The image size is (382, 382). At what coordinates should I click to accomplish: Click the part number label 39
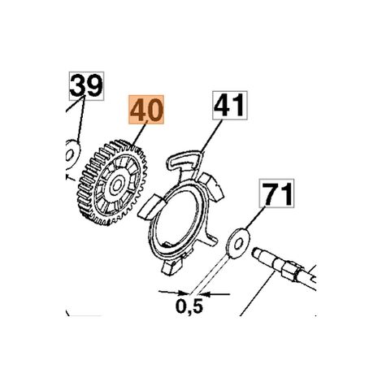pyautogui.click(x=86, y=86)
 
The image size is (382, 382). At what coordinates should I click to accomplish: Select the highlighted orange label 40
pyautogui.click(x=146, y=110)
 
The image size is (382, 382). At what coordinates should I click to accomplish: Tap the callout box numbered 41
pyautogui.click(x=230, y=106)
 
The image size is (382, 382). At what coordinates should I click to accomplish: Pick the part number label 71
pyautogui.click(x=276, y=193)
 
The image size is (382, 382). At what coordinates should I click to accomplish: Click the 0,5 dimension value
pyautogui.click(x=189, y=306)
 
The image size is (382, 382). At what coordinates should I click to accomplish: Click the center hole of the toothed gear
pyautogui.click(x=117, y=185)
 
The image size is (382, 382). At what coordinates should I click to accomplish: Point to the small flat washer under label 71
pyautogui.click(x=238, y=244)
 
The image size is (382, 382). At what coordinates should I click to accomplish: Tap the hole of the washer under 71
pyautogui.click(x=238, y=244)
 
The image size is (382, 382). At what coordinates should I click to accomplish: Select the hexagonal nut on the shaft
pyautogui.click(x=291, y=271)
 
